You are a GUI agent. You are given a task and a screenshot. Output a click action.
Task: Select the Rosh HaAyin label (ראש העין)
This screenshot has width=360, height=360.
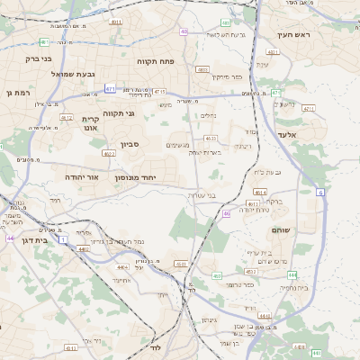(x=292, y=34)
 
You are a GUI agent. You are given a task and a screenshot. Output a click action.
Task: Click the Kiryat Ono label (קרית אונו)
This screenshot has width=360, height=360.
(x=91, y=123)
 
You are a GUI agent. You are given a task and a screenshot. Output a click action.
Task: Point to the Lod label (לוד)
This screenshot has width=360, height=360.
(x=155, y=346)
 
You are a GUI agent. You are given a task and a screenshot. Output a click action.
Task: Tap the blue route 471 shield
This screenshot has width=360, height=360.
(x=110, y=88)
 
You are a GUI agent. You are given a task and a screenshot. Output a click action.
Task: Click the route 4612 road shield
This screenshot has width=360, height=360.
(x=66, y=117)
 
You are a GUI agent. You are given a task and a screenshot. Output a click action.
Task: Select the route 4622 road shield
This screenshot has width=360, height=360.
(x=109, y=154)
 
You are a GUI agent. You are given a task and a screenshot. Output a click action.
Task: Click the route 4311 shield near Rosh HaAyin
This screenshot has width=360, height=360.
(x=273, y=52)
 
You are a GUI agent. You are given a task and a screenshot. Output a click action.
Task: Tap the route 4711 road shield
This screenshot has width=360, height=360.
(x=159, y=91)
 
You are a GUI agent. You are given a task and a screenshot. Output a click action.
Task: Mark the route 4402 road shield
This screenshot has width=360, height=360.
(x=83, y=249)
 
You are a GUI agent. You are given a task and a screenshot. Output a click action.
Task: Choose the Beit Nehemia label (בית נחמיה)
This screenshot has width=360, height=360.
(x=293, y=287)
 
